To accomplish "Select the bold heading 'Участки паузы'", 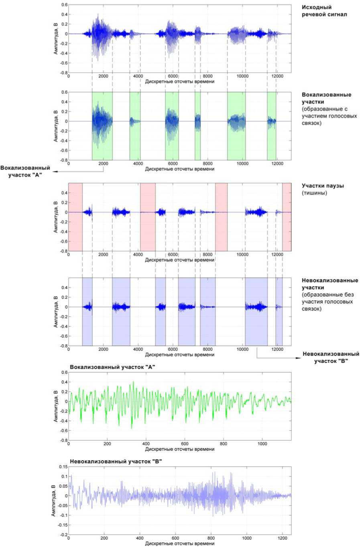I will [323, 186].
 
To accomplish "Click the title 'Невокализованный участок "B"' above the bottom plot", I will [116, 462].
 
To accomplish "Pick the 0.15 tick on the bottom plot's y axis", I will [62, 467].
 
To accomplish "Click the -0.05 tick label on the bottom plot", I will [61, 506].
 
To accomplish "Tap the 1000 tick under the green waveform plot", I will [262, 444].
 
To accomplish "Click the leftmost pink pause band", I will [75, 217].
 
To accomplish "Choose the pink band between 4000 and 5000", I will [148, 217].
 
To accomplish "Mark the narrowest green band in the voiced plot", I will [197, 125].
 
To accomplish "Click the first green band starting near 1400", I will [102, 125].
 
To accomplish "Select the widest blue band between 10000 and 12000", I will [256, 311].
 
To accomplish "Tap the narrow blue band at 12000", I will [279, 311].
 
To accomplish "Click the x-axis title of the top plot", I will [179, 82].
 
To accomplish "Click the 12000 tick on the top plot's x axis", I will [276, 76].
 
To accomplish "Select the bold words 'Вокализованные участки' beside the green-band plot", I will [326, 98].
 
